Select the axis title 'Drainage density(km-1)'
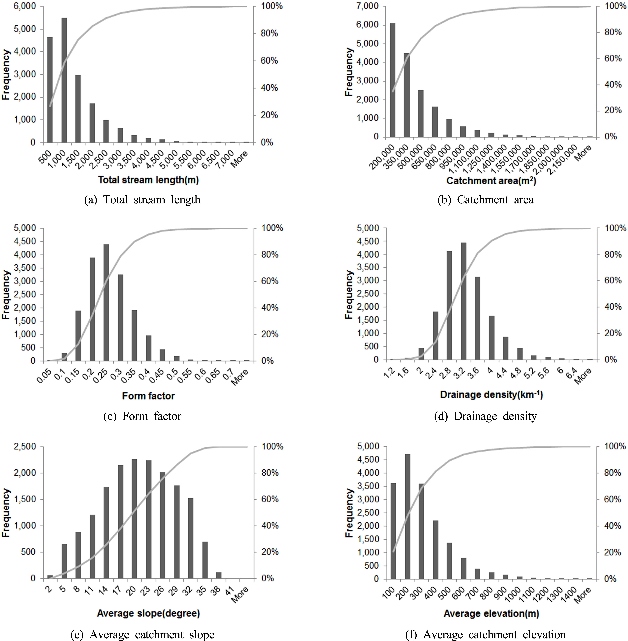tap(491, 394)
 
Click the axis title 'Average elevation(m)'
tap(491, 613)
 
